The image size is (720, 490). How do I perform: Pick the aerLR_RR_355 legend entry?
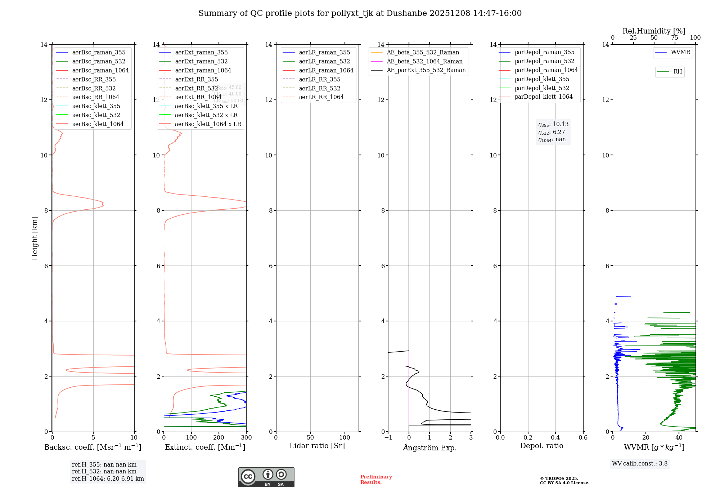point(319,79)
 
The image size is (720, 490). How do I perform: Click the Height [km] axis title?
point(35,238)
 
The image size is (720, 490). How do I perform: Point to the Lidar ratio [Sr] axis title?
point(317,446)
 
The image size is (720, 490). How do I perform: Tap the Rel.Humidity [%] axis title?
point(654,31)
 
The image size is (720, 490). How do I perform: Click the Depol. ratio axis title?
point(541,446)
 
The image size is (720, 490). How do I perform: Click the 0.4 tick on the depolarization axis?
point(555,438)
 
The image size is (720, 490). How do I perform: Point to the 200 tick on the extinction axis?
point(219,438)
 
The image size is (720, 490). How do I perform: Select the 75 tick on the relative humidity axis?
point(675,38)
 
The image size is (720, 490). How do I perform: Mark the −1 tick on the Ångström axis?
point(388,438)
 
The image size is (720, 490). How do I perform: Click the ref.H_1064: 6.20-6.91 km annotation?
point(108,478)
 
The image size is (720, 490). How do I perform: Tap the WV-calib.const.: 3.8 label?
point(639,463)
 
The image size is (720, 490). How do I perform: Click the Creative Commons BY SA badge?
point(266,477)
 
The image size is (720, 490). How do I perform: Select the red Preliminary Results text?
point(376,480)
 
